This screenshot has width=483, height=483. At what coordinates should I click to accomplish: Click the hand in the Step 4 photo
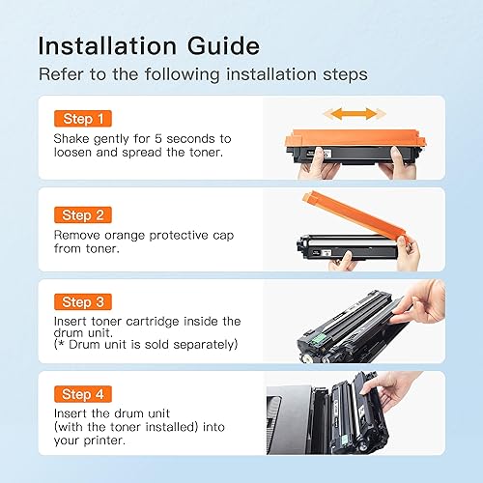pyautogui.click(x=406, y=396)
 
